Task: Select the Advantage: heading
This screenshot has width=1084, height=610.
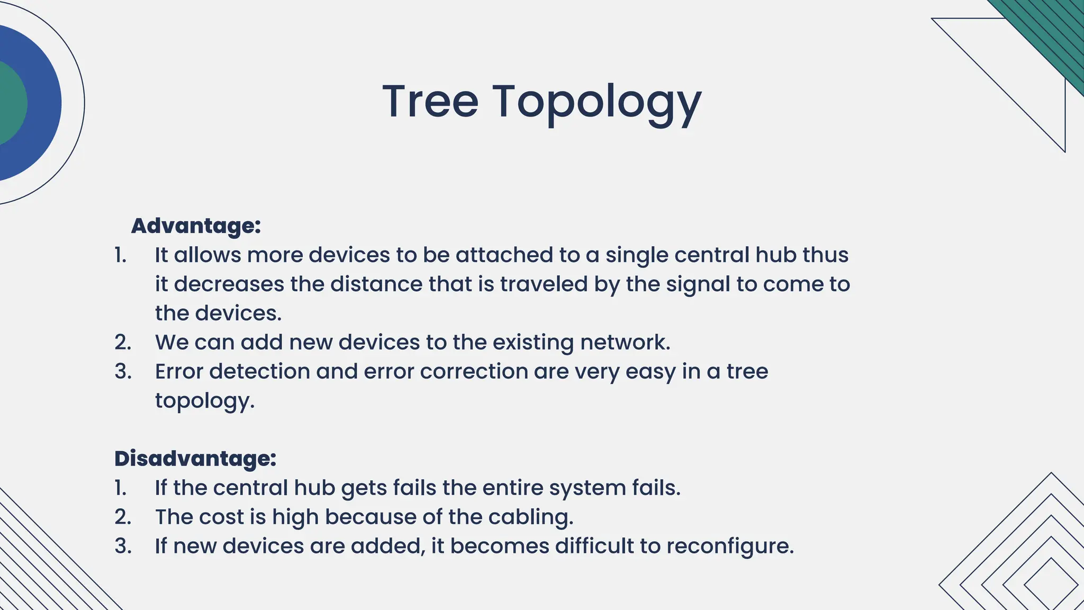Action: (x=196, y=226)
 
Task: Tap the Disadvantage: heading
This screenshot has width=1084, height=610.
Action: (x=195, y=459)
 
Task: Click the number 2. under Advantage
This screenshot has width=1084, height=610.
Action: (x=123, y=343)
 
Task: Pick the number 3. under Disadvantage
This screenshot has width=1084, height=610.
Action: (x=123, y=546)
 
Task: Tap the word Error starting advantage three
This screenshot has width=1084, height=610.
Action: (x=179, y=371)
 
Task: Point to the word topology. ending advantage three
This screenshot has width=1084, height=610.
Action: (x=204, y=401)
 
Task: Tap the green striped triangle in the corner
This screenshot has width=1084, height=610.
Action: (x=1053, y=32)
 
